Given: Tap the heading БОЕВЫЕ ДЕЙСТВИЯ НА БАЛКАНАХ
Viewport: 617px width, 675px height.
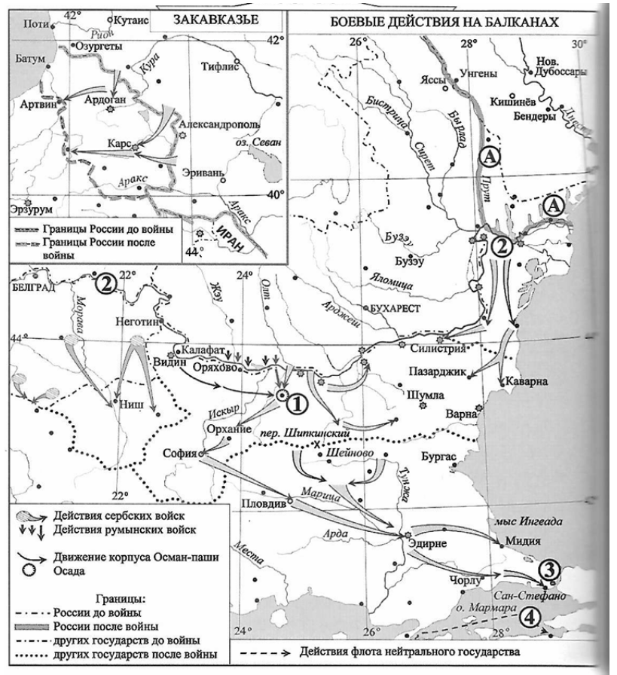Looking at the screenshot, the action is coord(444,24).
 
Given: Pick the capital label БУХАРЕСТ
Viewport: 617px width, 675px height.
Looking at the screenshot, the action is coord(398,309).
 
